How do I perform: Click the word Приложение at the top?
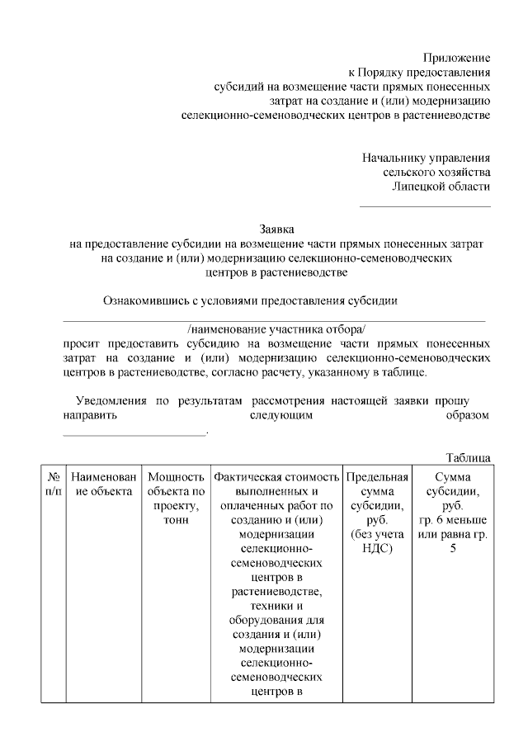tap(456, 58)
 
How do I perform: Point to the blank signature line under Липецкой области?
tap(424, 206)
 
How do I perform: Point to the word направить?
tap(92, 416)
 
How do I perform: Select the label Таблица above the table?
tap(469, 457)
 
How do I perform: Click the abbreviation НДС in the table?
tap(377, 548)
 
